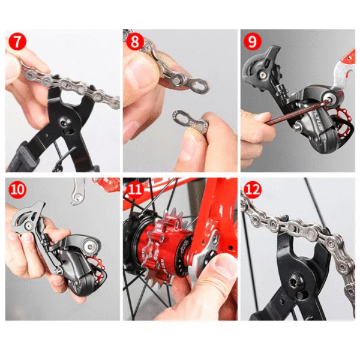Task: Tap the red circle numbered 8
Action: click(134, 43)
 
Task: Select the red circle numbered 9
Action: click(252, 43)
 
